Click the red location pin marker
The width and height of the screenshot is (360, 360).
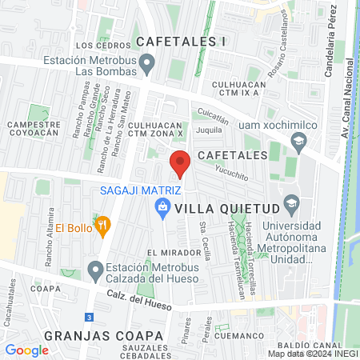point(180,163)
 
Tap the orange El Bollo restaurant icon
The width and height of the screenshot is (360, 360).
point(102,226)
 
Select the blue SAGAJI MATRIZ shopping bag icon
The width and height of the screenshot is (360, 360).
point(162,208)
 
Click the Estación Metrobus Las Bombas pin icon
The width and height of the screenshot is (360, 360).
point(146,62)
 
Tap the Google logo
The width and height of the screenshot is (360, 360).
point(26,350)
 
